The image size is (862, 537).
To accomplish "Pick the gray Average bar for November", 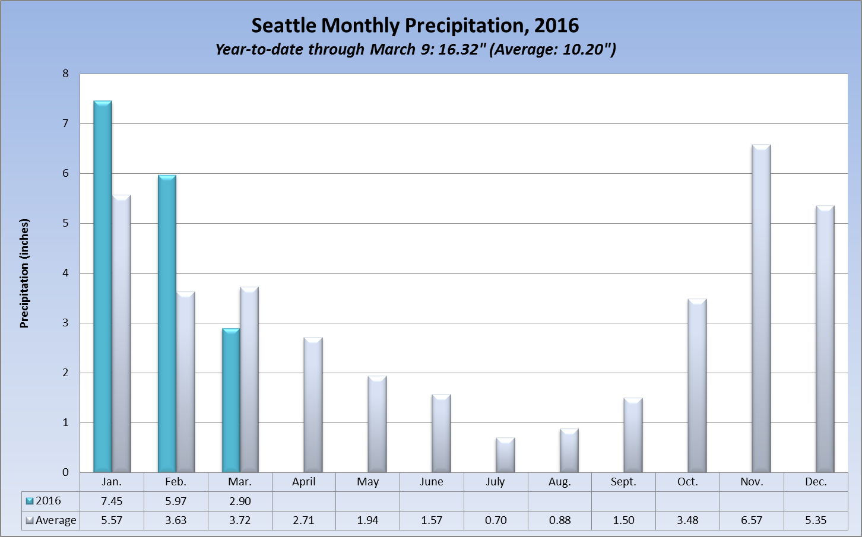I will [761, 309].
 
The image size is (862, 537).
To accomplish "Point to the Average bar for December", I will [825, 339].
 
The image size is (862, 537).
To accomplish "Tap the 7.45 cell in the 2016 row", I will [112, 501].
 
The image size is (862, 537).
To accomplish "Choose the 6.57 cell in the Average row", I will [752, 520].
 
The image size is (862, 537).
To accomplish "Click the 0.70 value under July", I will [496, 520].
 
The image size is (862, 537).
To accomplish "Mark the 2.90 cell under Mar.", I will [240, 501].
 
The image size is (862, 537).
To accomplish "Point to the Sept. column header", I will [623, 482].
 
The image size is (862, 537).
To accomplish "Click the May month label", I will [368, 482].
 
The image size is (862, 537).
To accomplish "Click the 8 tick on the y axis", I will [65, 74].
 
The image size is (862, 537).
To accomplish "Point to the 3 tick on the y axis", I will [65, 323].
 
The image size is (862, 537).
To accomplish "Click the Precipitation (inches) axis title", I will [24, 273].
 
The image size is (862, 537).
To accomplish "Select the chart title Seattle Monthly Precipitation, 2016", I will [415, 26].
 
